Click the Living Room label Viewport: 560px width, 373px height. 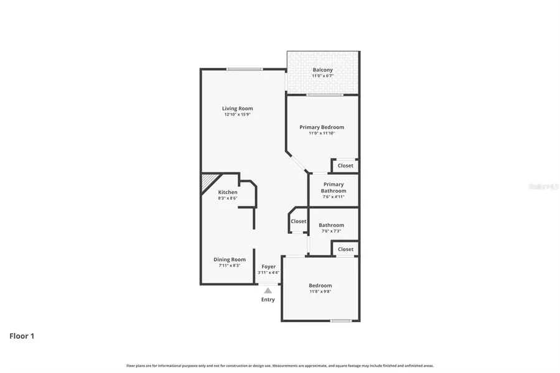pos(237,108)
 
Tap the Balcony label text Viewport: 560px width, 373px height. pos(322,70)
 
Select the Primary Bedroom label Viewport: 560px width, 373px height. pos(321,127)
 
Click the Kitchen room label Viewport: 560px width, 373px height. pos(227,192)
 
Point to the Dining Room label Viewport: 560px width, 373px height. pos(230,259)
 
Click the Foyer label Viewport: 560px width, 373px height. pos(268,267)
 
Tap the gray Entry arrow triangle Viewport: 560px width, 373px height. pos(268,290)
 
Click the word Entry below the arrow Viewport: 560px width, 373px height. pos(268,300)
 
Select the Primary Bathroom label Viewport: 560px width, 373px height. pos(333,187)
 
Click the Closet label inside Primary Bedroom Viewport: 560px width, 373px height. pos(345,165)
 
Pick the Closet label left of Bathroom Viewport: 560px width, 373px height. pos(298,221)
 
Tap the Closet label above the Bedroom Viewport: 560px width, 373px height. pos(345,249)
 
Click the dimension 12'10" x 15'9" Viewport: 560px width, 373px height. pos(237,114)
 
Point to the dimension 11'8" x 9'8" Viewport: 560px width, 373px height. pos(320,292)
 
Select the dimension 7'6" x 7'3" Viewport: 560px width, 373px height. pos(331,231)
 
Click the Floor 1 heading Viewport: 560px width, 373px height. pos(22,336)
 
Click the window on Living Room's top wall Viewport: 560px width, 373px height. pos(244,69)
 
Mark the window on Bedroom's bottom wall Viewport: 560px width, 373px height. pos(340,321)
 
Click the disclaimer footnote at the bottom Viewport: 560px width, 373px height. pos(280,366)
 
